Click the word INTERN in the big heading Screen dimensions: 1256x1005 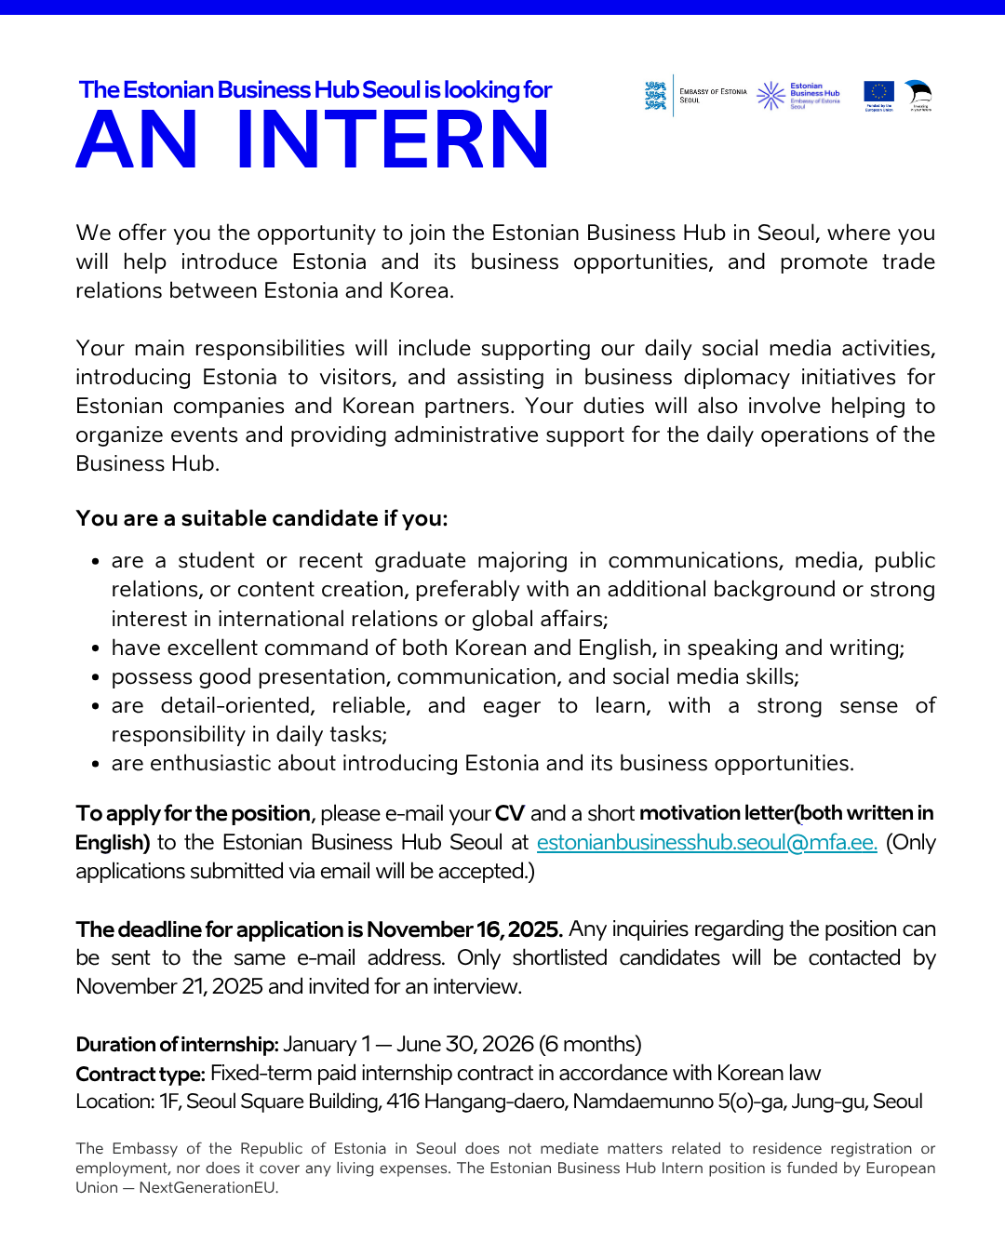pyautogui.click(x=393, y=140)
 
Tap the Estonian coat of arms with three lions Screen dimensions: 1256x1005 pyautogui.click(x=656, y=96)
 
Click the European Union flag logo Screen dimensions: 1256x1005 pyautogui.click(x=878, y=91)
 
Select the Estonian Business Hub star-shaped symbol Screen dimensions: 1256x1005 pyautogui.click(x=770, y=95)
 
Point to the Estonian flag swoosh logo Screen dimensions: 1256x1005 pyautogui.click(x=919, y=92)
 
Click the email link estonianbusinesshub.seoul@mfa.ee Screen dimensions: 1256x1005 pyautogui.click(x=706, y=843)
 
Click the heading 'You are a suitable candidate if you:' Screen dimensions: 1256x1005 pyautogui.click(x=261, y=518)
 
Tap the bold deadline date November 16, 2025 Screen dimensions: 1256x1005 pyautogui.click(x=464, y=929)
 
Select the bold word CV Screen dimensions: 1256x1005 pyautogui.click(x=510, y=813)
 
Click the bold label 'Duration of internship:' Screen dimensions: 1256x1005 pyautogui.click(x=177, y=1045)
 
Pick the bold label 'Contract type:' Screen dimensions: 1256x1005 pyautogui.click(x=141, y=1074)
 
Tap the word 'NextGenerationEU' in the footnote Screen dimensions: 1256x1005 pyautogui.click(x=208, y=1187)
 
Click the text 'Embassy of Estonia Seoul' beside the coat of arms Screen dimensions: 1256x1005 pyautogui.click(x=713, y=96)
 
